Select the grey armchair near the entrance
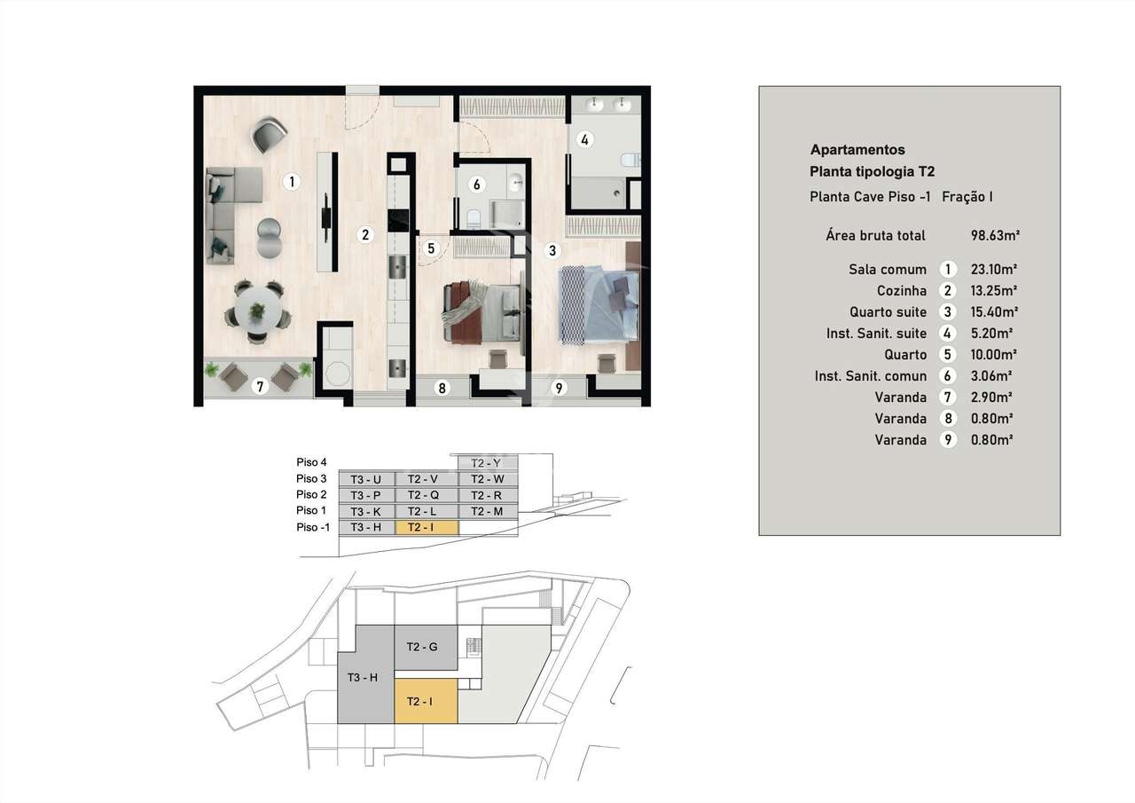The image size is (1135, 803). (x=269, y=134)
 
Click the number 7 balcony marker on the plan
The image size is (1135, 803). (x=259, y=386)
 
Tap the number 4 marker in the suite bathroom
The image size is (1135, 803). (x=583, y=139)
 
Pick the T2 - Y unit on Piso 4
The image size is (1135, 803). (x=487, y=463)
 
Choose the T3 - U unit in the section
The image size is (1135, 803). (x=365, y=479)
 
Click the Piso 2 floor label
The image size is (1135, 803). (x=311, y=495)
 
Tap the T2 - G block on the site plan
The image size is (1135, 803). (x=422, y=647)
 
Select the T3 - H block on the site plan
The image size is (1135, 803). (x=363, y=677)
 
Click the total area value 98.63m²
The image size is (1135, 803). (x=995, y=236)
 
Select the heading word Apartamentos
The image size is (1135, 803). (x=857, y=150)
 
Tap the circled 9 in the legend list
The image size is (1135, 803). (x=948, y=440)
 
